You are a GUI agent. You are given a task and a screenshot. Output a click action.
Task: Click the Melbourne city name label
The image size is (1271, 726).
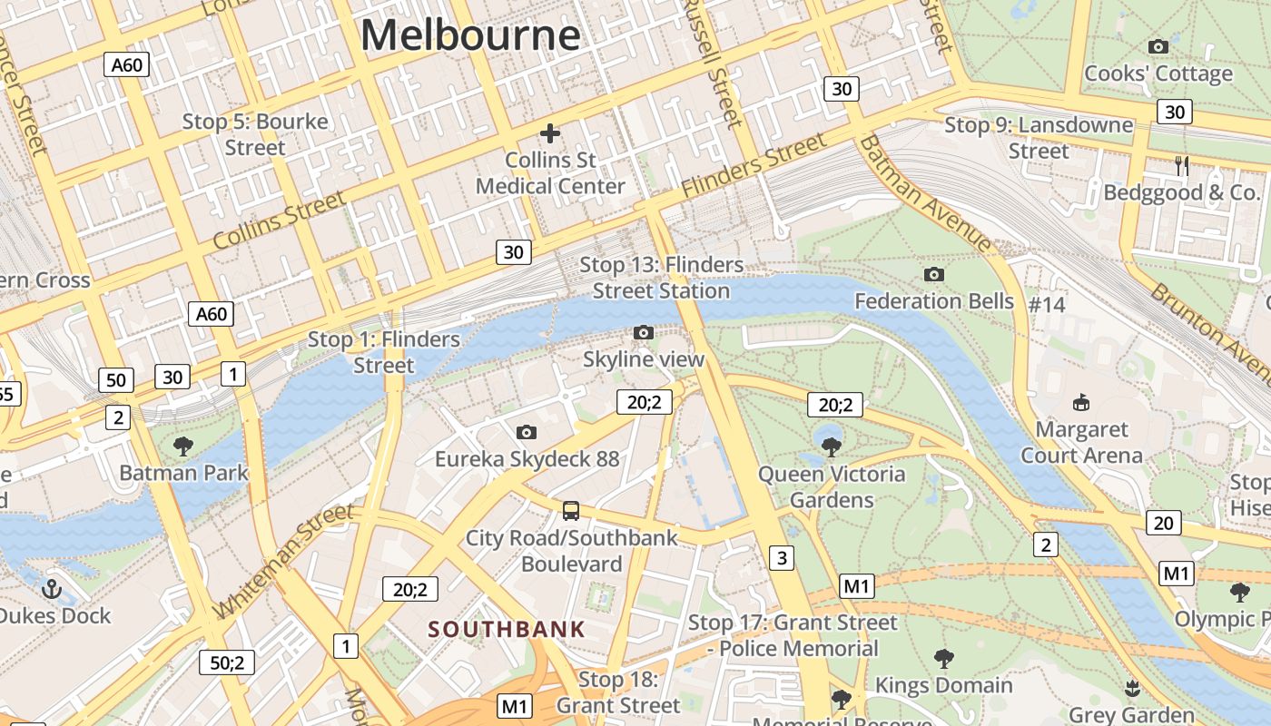[x=470, y=35]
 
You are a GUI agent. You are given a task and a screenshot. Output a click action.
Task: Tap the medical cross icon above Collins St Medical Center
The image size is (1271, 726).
[x=550, y=134]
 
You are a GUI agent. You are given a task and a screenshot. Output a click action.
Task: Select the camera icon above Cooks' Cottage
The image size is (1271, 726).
[x=1158, y=46]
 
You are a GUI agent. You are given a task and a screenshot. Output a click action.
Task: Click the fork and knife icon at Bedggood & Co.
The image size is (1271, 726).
[x=1181, y=165]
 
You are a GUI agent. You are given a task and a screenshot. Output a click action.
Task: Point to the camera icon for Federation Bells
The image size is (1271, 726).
[x=933, y=274]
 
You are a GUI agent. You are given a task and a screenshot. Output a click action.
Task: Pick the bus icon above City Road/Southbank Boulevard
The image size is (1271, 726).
[x=571, y=510]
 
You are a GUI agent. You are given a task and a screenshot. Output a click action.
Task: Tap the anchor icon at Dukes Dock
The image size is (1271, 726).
[x=52, y=589]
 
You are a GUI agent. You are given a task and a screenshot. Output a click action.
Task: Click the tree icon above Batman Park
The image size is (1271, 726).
[x=183, y=446]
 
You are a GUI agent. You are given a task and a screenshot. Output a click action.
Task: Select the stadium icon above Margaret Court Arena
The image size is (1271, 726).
[x=1081, y=402]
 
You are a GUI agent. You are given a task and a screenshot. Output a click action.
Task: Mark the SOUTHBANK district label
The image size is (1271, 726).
[x=507, y=629]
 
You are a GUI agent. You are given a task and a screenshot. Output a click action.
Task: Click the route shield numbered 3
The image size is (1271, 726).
[x=782, y=557]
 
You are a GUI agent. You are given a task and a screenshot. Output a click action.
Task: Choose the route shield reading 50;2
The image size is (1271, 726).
[x=227, y=662]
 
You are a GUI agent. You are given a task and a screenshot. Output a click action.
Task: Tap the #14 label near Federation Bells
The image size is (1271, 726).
[x=1047, y=304]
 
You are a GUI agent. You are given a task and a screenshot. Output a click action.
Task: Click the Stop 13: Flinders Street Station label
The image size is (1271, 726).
[x=661, y=278]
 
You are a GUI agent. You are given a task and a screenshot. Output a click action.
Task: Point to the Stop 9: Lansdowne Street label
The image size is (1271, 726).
[x=1039, y=138]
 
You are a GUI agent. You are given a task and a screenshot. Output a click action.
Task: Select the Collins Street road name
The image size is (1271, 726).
[x=279, y=221]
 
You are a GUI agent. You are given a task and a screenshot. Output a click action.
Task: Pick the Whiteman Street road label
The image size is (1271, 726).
[x=284, y=560]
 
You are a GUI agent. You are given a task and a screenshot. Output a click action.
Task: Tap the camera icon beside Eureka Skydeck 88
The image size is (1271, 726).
[x=526, y=433]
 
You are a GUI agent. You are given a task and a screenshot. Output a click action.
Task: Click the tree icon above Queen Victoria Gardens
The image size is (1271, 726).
[x=831, y=446]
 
